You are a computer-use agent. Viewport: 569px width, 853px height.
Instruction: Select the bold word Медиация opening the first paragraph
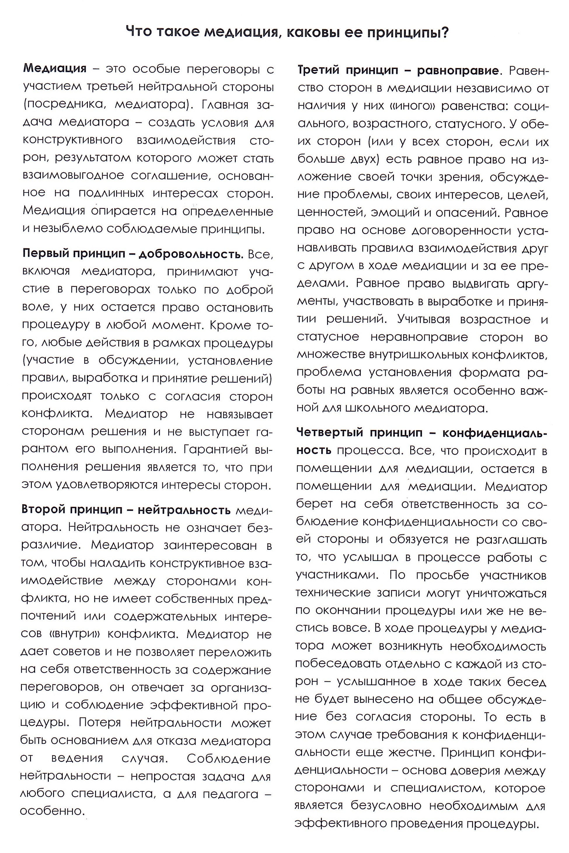coord(55,69)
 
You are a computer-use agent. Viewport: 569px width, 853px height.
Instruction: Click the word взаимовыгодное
coord(73,176)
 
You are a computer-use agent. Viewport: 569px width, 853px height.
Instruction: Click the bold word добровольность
coord(191,254)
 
